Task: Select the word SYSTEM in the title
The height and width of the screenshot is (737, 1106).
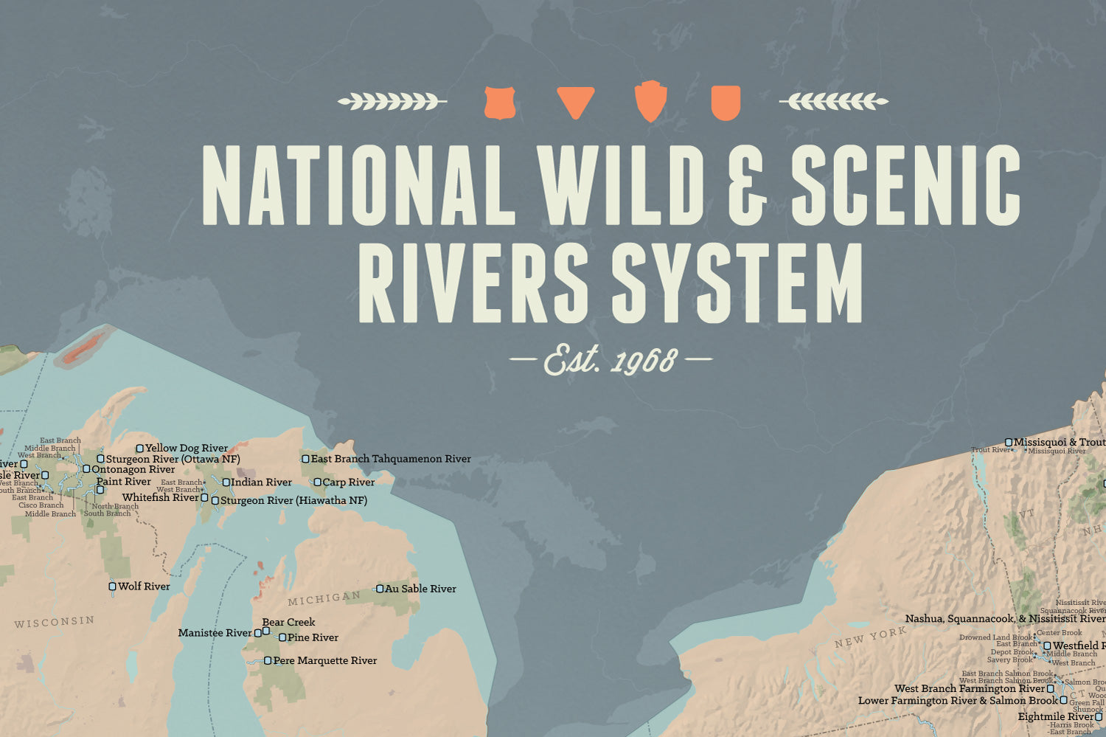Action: tap(737, 284)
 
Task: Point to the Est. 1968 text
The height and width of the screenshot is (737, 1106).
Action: tap(611, 361)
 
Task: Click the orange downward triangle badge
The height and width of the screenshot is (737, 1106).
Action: tap(575, 102)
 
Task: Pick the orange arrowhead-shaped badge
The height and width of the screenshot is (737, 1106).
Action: tap(650, 101)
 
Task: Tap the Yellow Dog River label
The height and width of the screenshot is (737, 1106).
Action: tap(187, 448)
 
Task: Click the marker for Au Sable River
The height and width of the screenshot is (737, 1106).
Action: tap(380, 589)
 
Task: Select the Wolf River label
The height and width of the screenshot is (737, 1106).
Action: tap(144, 587)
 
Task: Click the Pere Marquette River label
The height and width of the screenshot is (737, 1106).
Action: tap(324, 660)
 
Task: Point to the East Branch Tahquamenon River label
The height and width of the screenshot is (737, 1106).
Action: tap(391, 459)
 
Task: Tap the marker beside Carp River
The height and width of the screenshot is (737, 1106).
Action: tap(317, 482)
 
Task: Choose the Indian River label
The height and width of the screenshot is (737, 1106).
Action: tap(261, 482)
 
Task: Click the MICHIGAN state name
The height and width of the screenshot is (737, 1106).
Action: tap(324, 598)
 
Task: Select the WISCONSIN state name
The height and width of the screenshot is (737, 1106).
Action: tap(55, 622)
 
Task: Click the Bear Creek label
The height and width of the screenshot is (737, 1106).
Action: tap(288, 622)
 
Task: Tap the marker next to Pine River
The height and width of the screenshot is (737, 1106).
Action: tap(282, 637)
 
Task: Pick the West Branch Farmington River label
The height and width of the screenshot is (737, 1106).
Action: tap(970, 688)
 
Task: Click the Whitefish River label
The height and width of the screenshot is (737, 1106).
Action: tap(161, 497)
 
